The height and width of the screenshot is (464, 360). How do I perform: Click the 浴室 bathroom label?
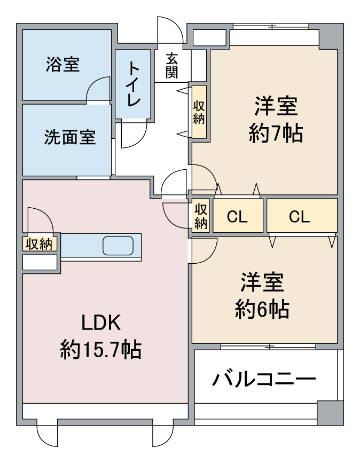(x=63, y=64)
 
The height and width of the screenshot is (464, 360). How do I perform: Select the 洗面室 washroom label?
(x=70, y=137)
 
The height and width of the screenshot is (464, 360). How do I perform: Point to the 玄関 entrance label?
(x=171, y=66)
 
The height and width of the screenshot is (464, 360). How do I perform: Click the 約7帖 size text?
(x=276, y=133)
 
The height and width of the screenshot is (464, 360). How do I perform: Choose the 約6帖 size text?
(x=262, y=309)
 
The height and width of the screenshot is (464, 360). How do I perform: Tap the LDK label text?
(x=101, y=323)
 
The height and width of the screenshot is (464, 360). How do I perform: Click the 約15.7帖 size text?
(x=100, y=350)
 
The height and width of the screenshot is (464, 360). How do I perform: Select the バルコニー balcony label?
(x=264, y=379)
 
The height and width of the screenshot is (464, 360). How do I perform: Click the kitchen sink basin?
(x=118, y=246)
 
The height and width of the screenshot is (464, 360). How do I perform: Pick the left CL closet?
(x=238, y=215)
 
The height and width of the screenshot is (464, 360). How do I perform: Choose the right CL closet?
(x=302, y=215)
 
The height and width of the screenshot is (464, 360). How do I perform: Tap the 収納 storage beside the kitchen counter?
(x=40, y=244)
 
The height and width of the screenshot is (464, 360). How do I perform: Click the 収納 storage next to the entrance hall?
(x=199, y=112)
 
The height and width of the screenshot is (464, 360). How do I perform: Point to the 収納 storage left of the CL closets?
(x=201, y=215)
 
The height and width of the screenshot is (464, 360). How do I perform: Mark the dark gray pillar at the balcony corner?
(x=330, y=413)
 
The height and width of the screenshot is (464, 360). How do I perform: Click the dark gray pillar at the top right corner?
(x=331, y=36)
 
